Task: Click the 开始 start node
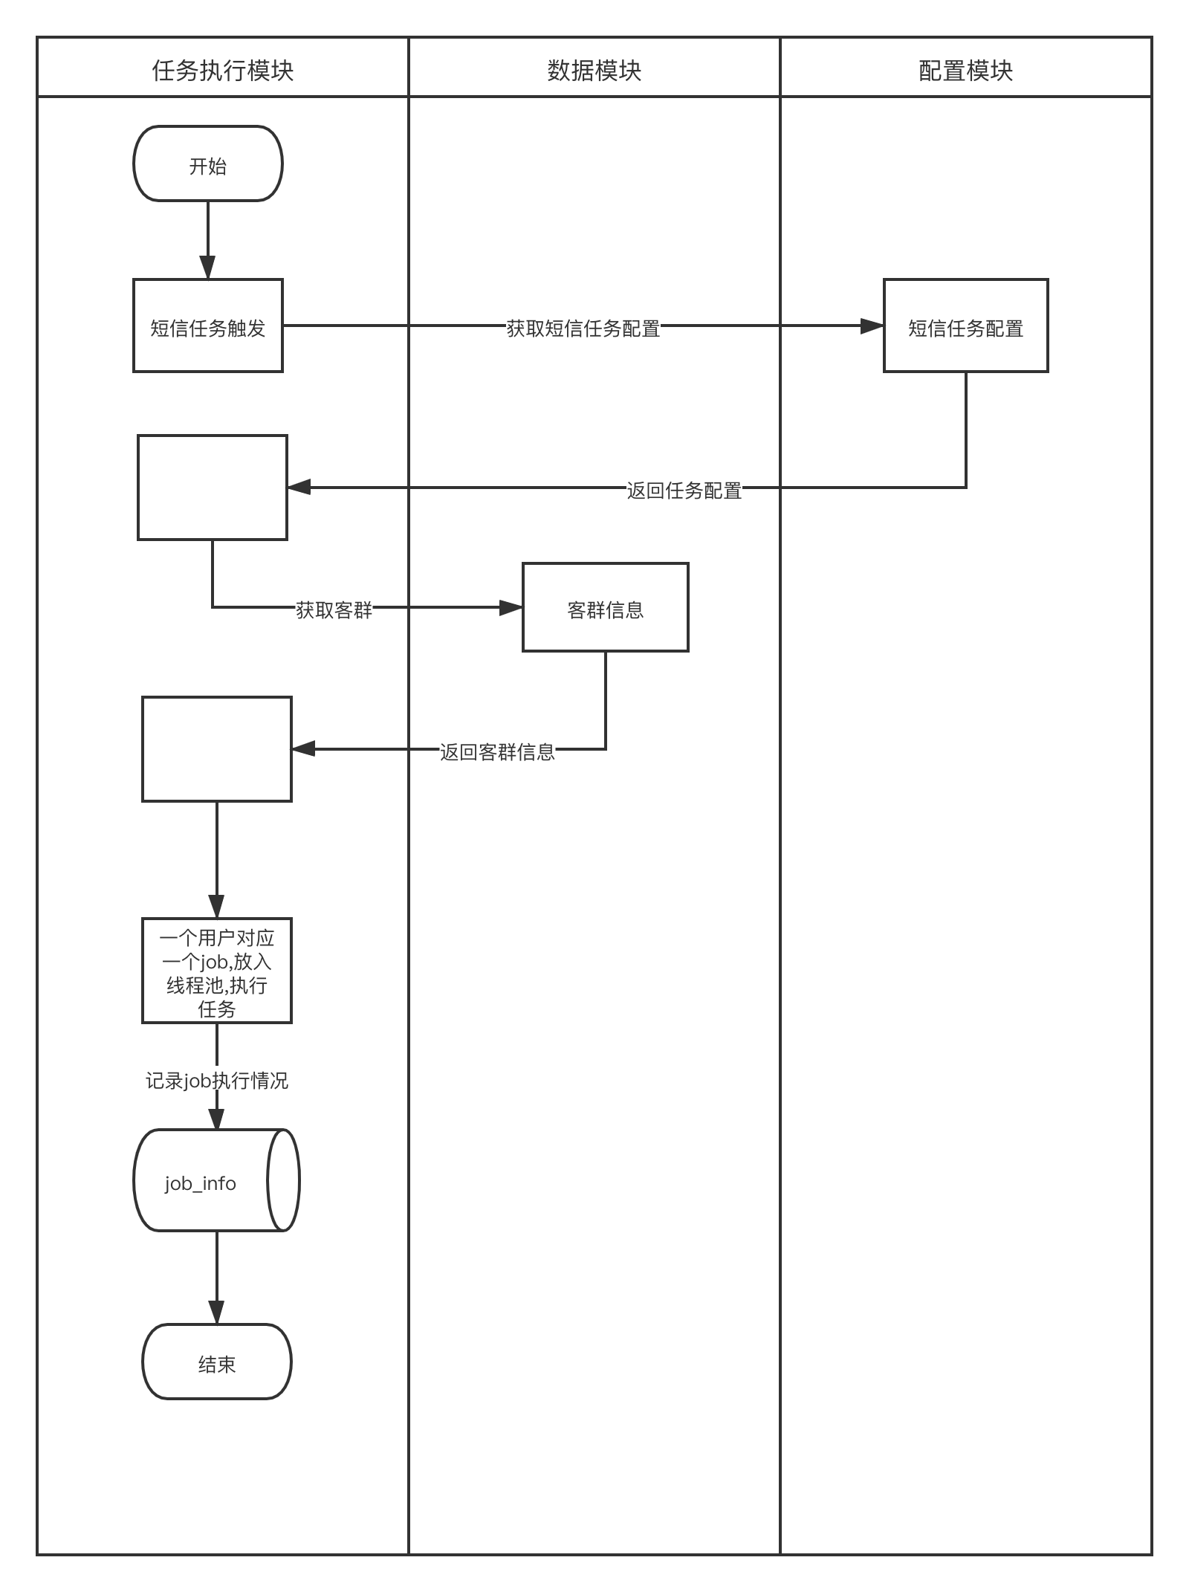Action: click(208, 164)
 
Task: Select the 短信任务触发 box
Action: click(208, 326)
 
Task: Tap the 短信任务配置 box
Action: click(965, 326)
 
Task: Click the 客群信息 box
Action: click(605, 607)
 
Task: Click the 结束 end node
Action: click(216, 1362)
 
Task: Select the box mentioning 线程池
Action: click(216, 971)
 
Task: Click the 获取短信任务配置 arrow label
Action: click(583, 328)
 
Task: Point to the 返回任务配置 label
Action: click(684, 490)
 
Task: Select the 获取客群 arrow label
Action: click(334, 609)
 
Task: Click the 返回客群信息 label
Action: click(497, 751)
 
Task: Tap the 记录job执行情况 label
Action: click(216, 1080)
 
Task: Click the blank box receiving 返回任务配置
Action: click(213, 488)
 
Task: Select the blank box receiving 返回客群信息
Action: click(216, 749)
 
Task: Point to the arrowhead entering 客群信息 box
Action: click(511, 608)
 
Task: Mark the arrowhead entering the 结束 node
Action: click(216, 1313)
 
